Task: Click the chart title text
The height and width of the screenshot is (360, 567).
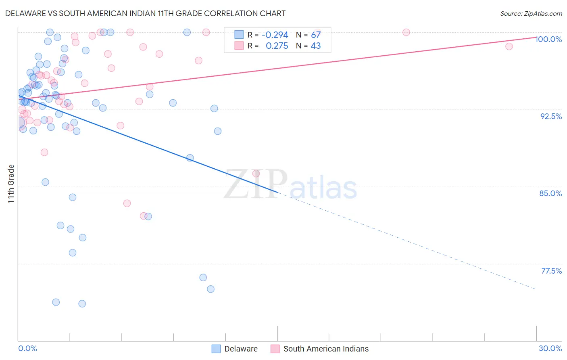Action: tap(145, 13)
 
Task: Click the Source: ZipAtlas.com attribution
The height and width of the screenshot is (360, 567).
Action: tap(531, 13)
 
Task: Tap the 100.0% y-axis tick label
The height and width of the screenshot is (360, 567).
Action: tap(548, 39)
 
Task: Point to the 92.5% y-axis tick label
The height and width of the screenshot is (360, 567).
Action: tap(551, 116)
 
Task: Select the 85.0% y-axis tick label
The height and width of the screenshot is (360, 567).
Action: tap(550, 193)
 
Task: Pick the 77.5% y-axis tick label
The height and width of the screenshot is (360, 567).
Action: tap(551, 271)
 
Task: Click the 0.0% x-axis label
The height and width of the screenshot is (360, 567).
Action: tap(27, 348)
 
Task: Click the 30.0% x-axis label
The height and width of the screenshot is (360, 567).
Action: tap(550, 348)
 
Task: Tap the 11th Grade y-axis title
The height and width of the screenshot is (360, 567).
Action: tap(11, 184)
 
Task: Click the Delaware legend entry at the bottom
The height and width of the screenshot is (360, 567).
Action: tap(235, 349)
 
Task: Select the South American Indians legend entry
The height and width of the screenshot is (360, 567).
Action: tap(320, 349)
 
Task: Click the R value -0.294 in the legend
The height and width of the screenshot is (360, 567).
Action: tap(275, 35)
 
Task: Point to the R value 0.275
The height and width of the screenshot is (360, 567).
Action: tap(277, 46)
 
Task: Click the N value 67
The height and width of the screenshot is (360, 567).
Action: tap(316, 35)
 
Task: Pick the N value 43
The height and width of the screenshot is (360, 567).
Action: tap(316, 46)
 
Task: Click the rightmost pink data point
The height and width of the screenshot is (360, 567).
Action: tap(509, 46)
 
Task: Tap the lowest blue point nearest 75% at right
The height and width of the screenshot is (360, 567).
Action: tap(211, 289)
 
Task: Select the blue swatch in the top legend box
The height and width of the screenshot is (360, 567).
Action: tap(239, 35)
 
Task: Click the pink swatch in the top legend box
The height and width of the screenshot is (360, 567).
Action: tap(239, 46)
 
